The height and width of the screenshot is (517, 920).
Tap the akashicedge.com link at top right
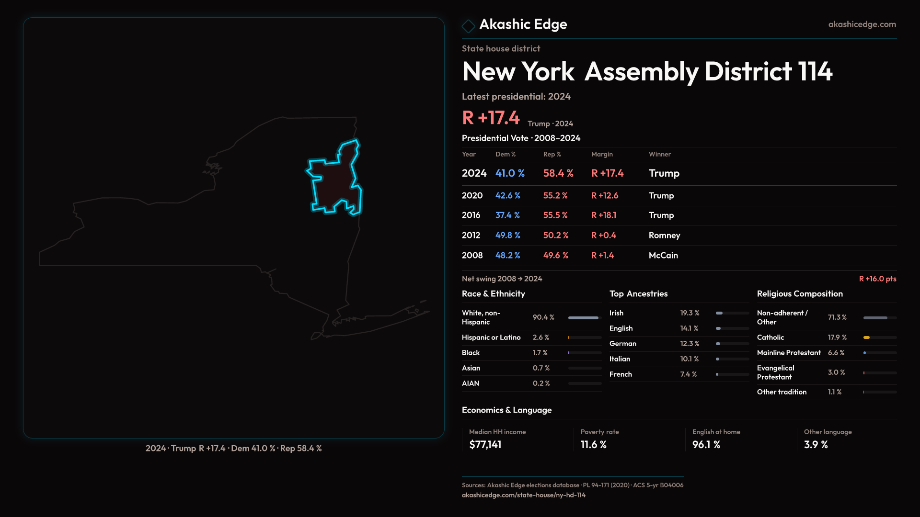pos(862,24)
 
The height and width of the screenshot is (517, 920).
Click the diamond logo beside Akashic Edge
pos(468,26)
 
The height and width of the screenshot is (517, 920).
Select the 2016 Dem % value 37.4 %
pos(507,215)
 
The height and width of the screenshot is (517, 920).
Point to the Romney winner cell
pos(664,236)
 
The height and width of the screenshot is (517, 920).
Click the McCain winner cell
pos(663,256)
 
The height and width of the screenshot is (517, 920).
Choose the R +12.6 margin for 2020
pos(605,196)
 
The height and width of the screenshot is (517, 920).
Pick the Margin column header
pos(602,155)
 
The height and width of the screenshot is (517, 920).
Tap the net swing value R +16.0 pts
pos(877,279)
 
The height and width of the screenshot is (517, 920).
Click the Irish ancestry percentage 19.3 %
pos(690,313)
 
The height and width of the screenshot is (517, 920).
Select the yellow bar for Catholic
pos(866,337)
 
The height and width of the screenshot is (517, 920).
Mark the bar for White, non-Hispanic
pos(583,318)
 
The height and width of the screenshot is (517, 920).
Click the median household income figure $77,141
pos(485,445)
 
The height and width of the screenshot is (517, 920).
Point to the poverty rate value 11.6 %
pos(593,445)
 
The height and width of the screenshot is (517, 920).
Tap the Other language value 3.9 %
pos(816,445)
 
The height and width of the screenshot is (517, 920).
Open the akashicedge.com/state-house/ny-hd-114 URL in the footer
pos(523,495)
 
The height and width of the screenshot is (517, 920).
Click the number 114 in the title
pos(815,72)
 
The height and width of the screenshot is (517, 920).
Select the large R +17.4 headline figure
pos(491,118)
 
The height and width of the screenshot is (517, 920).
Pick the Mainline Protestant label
pos(789,353)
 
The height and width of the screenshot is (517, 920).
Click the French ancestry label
pos(621,374)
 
